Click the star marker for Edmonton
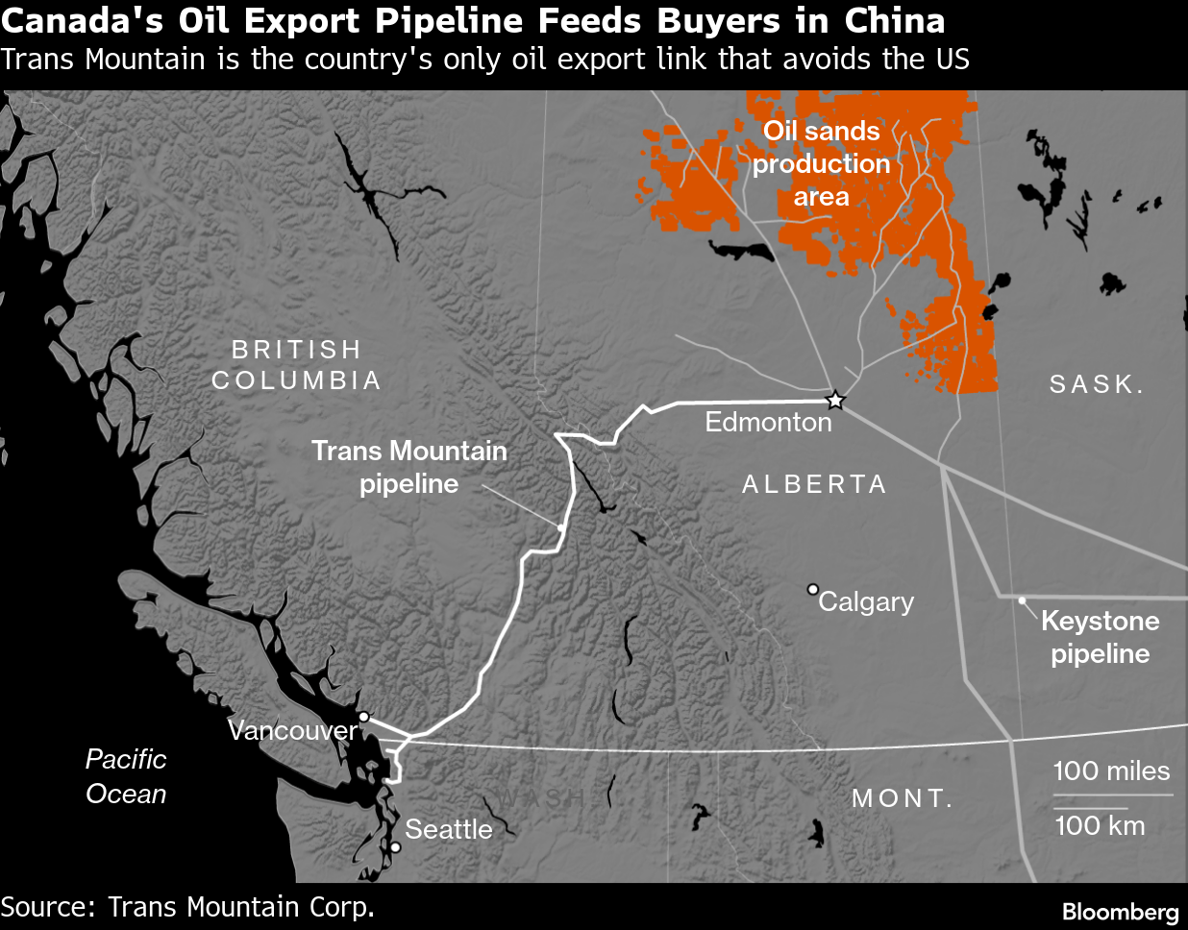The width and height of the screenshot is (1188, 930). pos(835,401)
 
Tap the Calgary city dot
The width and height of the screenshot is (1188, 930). pos(812,589)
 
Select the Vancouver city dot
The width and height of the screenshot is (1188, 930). pos(363,717)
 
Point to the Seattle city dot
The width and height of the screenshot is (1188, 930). pos(395,847)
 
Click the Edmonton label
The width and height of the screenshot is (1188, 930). pos(768,423)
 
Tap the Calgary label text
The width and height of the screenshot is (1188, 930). pos(866,602)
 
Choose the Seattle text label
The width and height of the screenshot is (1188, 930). pos(448,829)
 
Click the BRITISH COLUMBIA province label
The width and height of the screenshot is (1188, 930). pos(296,365)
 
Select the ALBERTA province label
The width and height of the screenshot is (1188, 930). pos(814,484)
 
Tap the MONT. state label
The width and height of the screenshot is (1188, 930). pos(902,798)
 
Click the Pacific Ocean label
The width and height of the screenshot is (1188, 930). pos(126,776)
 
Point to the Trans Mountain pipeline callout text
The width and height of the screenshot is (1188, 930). pos(409,467)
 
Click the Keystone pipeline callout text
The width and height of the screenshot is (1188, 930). pos(1101,637)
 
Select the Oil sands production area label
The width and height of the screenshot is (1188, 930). pos(822,164)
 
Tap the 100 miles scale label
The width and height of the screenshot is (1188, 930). pos(1111,771)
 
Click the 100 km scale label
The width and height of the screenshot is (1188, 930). pos(1100,825)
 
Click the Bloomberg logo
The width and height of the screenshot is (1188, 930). pos(1120,912)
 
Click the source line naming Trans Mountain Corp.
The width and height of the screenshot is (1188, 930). pos(187,907)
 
